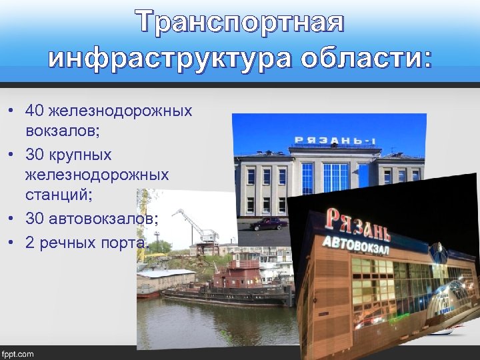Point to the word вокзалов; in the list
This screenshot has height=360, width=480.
(63, 131)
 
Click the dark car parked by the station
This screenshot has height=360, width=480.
(268, 223)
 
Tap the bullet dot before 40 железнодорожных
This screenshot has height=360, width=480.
(13, 110)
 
